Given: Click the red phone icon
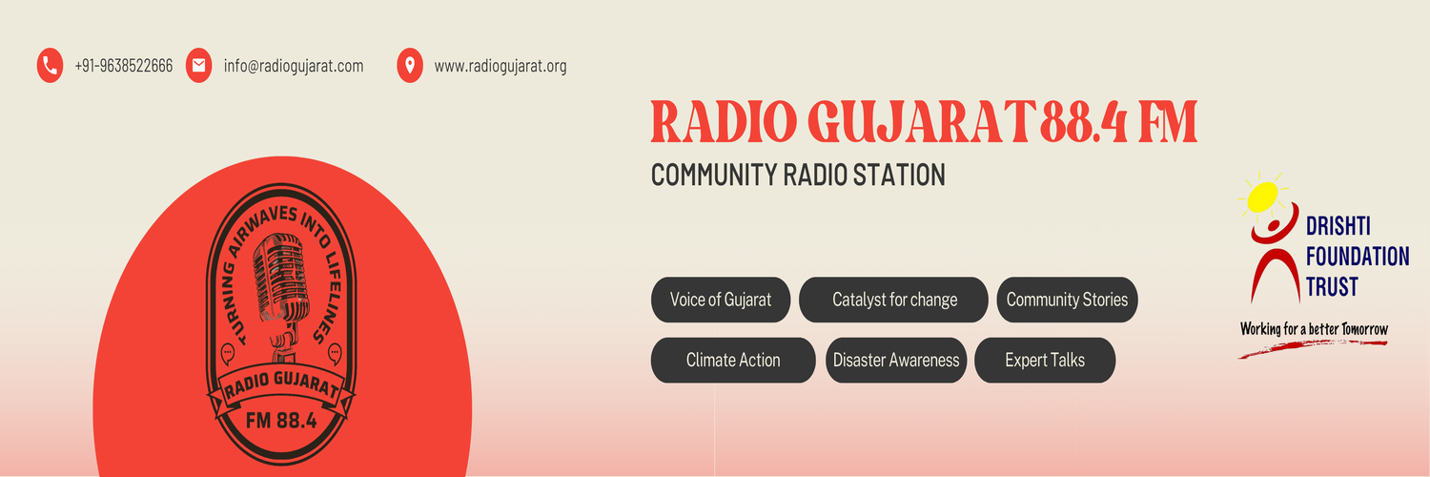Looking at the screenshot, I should [50, 66].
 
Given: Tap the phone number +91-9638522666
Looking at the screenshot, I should [124, 67].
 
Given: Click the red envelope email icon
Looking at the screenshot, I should [198, 66].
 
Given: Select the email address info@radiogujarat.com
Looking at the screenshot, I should [294, 67].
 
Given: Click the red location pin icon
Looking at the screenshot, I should [410, 66].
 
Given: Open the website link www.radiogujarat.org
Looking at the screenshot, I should [500, 67].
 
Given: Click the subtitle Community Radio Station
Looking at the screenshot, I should [798, 175].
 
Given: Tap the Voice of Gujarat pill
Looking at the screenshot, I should [720, 300].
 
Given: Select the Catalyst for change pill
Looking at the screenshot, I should [893, 300].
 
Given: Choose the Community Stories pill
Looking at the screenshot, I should [1067, 300].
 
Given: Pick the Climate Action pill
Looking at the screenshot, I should [733, 361].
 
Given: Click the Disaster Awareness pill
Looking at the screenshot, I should [896, 361].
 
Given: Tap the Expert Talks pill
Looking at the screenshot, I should [1045, 361].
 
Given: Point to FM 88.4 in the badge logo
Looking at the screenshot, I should [280, 421].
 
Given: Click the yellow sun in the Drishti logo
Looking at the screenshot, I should [1268, 195].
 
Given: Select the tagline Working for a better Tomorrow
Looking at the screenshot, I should [1314, 329].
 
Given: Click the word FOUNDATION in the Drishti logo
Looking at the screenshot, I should [1358, 257].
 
